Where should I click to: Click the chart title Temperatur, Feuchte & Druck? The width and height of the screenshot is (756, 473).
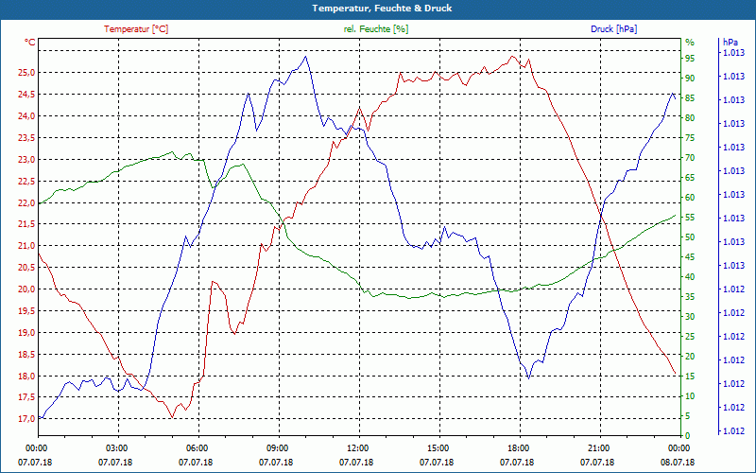[378, 8]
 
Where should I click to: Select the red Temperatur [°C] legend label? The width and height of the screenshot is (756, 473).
[136, 29]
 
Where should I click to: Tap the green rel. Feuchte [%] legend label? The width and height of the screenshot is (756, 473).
[376, 29]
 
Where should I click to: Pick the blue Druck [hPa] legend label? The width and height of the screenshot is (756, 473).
[614, 29]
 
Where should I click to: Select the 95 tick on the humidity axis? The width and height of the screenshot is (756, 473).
[690, 59]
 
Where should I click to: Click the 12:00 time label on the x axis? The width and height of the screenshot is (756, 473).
[356, 447]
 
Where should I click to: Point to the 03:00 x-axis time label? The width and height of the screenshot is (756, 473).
[115, 447]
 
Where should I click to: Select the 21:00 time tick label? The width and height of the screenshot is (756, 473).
[597, 447]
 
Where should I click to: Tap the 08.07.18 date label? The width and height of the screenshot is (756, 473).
[678, 462]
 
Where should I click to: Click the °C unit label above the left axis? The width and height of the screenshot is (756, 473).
[30, 43]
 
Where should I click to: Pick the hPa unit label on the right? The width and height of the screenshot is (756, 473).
[730, 43]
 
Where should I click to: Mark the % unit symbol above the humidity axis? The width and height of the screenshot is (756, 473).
[689, 43]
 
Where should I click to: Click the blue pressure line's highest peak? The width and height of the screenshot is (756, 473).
[305, 56]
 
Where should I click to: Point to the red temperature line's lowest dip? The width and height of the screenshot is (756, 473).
[172, 417]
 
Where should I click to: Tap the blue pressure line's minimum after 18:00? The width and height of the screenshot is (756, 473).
[529, 377]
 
